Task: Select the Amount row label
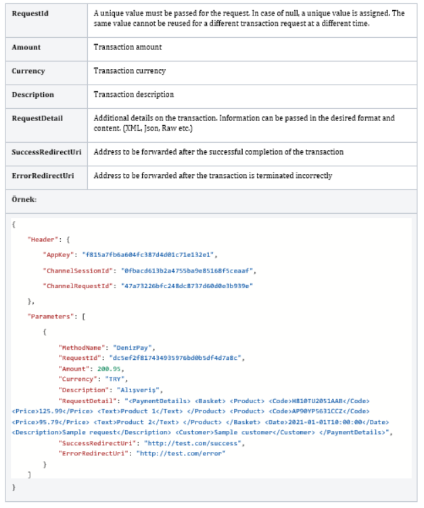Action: coord(26,47)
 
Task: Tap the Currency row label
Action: coord(29,70)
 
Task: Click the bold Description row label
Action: coord(33,94)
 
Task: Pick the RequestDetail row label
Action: coord(37,118)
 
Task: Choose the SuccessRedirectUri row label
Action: coord(47,152)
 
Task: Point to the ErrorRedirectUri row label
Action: coord(43,175)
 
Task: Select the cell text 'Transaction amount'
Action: coord(128,47)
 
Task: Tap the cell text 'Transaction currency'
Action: coord(130,70)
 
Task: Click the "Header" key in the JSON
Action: coord(42,239)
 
